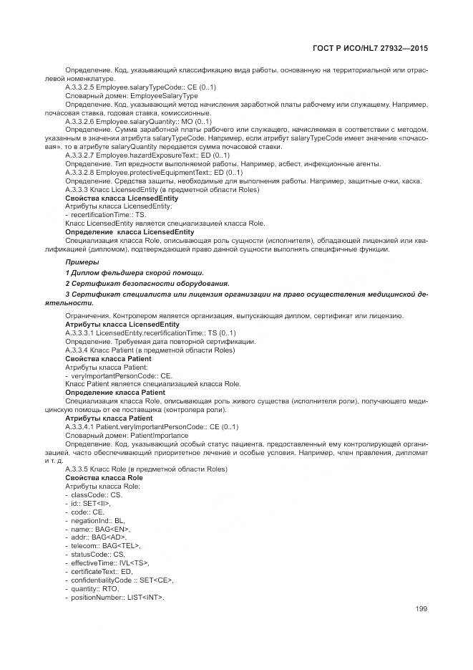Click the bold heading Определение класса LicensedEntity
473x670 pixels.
pyautogui.click(x=130, y=232)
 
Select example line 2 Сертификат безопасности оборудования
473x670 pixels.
pyautogui.click(x=147, y=284)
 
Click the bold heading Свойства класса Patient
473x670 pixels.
pyautogui.click(x=108, y=358)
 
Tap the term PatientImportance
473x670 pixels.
pyautogui.click(x=158, y=436)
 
